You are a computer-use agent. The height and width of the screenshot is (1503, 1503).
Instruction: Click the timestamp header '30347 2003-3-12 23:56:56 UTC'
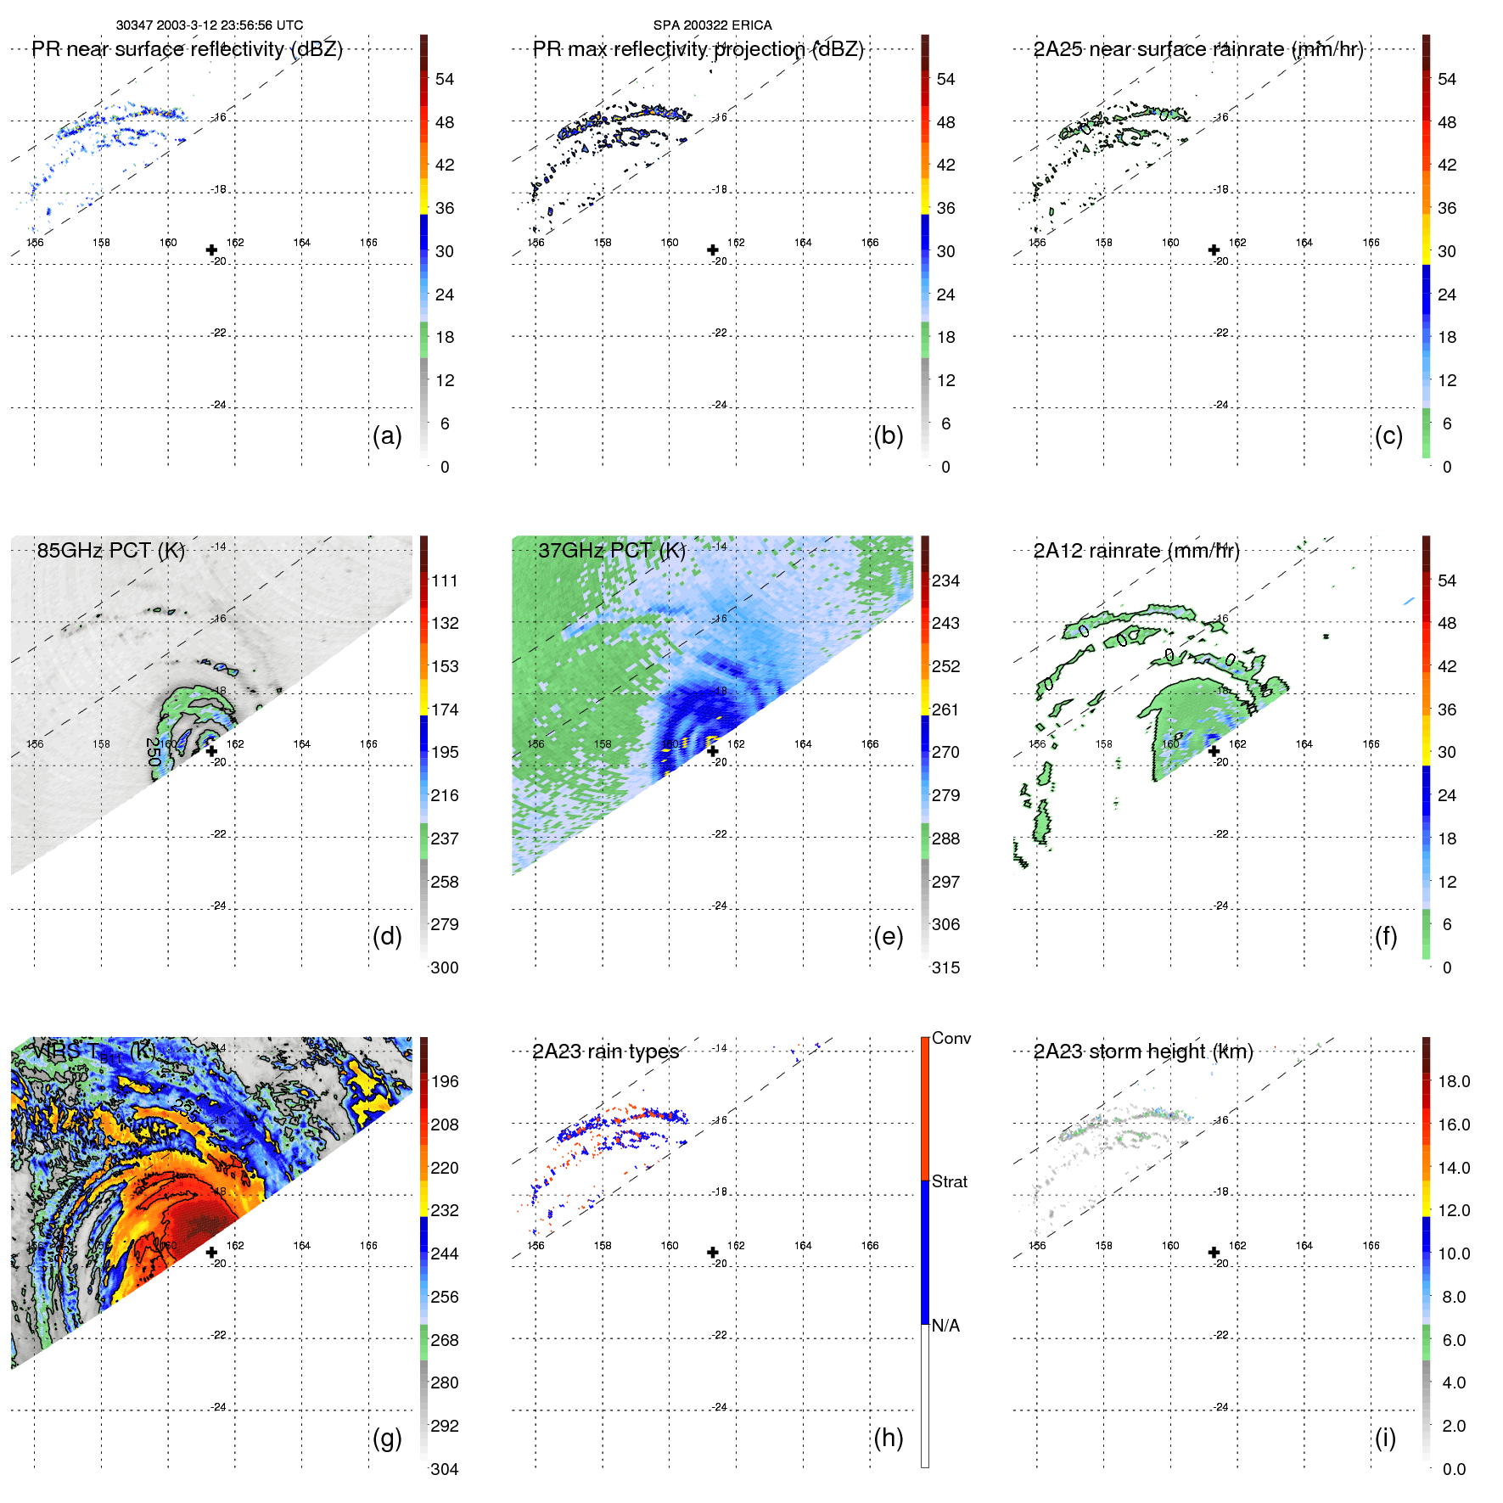210,25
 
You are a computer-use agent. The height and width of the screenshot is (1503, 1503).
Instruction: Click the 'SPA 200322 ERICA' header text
712,25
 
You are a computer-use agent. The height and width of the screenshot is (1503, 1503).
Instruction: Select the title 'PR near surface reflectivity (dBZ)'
187,49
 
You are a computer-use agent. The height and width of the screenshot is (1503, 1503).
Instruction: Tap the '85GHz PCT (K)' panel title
110,551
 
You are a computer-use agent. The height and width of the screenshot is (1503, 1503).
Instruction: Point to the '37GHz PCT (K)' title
611,551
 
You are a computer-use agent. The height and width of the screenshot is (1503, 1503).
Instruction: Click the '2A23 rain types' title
605,1052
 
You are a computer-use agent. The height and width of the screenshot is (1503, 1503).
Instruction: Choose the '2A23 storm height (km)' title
1143,1052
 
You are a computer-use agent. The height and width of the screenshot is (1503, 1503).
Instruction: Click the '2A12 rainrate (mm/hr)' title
1136,551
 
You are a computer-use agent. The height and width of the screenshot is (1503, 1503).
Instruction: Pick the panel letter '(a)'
387,435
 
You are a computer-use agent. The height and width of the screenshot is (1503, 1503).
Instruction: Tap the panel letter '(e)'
888,936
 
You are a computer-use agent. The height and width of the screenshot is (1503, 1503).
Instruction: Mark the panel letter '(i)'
1385,1438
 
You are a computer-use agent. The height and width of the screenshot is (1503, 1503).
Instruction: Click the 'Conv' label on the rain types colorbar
951,1038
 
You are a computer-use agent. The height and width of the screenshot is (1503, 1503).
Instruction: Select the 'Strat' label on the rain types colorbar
950,1181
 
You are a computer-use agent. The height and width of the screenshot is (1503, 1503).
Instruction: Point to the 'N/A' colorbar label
945,1326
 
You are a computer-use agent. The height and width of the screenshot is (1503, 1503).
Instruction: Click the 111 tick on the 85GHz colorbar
445,580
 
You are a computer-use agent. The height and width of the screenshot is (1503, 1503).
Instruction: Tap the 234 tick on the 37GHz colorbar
945,580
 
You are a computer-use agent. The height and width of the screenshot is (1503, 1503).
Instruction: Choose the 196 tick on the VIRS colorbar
445,1081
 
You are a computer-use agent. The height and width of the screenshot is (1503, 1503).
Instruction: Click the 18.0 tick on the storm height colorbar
1454,1081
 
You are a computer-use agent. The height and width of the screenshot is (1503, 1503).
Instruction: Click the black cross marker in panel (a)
211,250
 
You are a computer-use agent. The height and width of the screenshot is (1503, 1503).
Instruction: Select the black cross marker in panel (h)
713,1252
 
